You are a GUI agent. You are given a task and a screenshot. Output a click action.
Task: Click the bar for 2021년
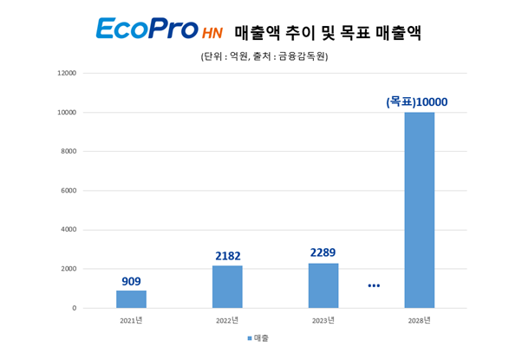(x=131, y=299)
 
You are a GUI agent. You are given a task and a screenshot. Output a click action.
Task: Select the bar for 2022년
(x=227, y=287)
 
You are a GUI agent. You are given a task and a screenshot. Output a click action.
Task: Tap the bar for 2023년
(x=323, y=285)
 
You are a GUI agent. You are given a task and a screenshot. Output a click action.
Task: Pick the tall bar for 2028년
(x=420, y=210)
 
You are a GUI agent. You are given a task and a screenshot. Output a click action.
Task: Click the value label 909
(x=131, y=280)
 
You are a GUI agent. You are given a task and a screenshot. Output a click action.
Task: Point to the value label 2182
(x=227, y=256)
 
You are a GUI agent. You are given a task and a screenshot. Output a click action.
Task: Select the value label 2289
(x=323, y=253)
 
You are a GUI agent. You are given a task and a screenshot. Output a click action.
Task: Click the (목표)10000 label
(x=417, y=102)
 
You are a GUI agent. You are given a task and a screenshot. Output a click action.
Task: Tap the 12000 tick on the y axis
(x=67, y=73)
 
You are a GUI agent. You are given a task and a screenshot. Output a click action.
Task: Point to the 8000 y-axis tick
(x=69, y=151)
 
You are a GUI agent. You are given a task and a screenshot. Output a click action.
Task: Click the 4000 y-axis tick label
(x=69, y=230)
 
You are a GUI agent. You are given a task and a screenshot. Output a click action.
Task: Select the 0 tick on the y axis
(x=74, y=308)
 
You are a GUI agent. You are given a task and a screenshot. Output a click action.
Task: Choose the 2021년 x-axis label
(x=131, y=320)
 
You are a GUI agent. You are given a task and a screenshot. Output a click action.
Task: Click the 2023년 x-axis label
(x=323, y=320)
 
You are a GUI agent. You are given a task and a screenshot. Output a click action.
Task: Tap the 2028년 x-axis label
(x=420, y=320)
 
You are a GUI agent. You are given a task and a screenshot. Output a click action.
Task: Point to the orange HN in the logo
(x=212, y=34)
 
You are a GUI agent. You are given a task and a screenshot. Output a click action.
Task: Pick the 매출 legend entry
(x=258, y=337)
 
